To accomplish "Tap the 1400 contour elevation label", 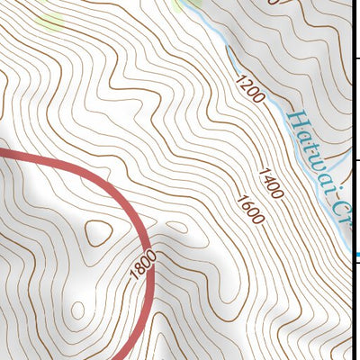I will click(270, 182).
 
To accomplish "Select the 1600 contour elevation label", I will click(250, 209).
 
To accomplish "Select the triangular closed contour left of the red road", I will click(97, 233).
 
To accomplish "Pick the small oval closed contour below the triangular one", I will click(77, 310).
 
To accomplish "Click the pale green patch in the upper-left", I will click(49, 20).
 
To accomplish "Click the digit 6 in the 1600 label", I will click(247, 204).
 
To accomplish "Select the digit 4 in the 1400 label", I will click(267, 178).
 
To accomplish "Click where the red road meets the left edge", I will click(2, 152).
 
